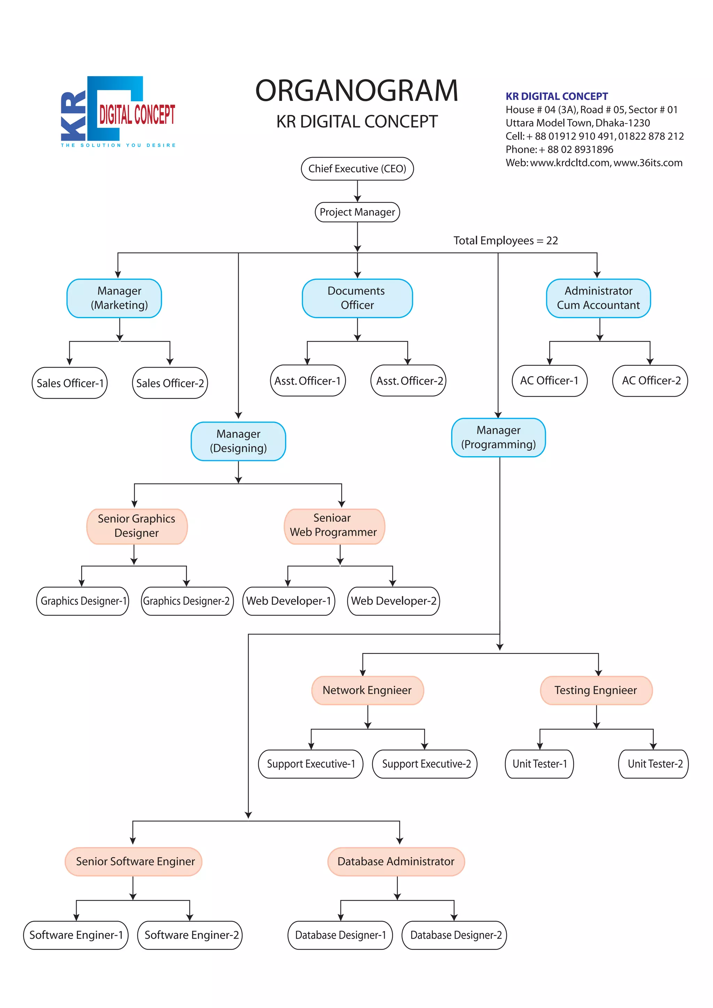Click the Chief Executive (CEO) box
(x=357, y=168)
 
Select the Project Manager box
(x=357, y=212)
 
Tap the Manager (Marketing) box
(x=114, y=298)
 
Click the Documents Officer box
(x=357, y=298)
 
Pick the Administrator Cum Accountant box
(x=598, y=298)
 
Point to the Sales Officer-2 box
(x=170, y=383)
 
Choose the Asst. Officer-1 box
(x=308, y=381)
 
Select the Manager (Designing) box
(x=238, y=441)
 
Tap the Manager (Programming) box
(x=498, y=437)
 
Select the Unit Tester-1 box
(x=539, y=764)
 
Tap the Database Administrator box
(x=395, y=861)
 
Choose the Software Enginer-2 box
(x=190, y=935)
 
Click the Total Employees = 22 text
(x=506, y=241)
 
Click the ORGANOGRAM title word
(x=356, y=91)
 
